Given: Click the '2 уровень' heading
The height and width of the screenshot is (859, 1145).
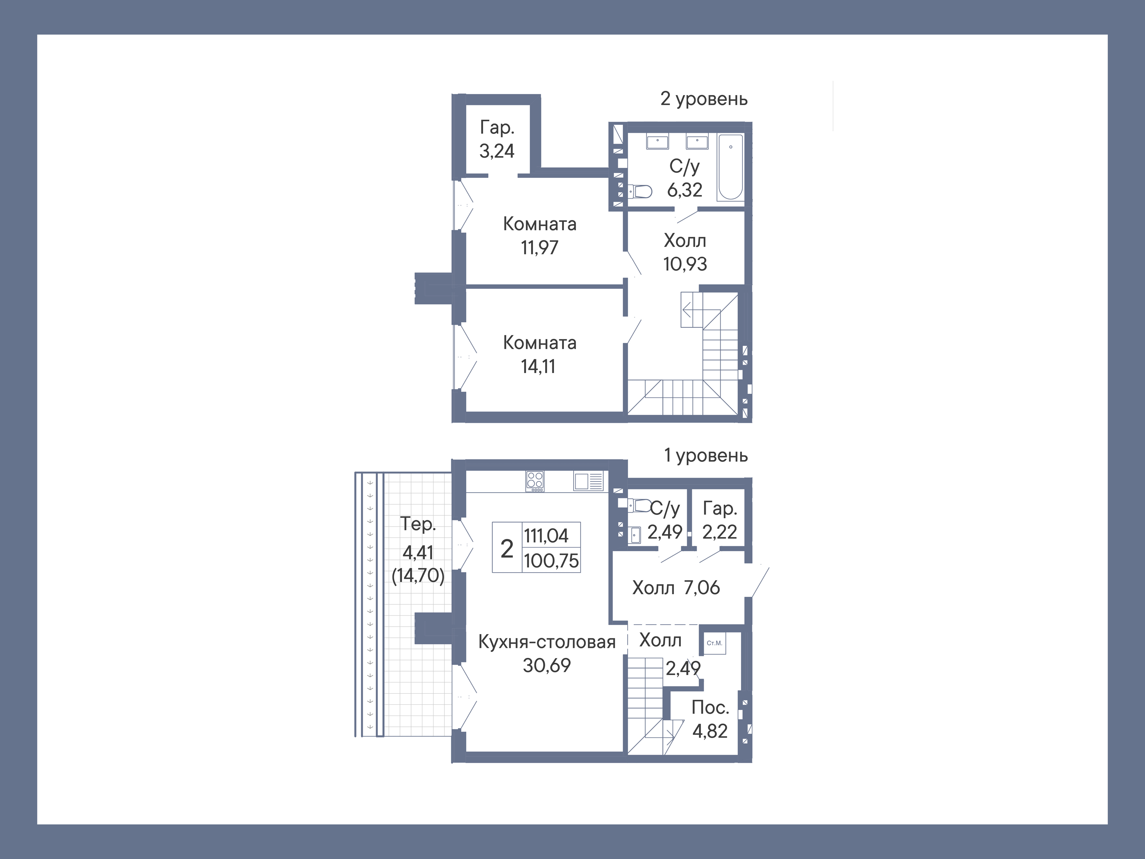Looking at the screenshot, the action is pyautogui.click(x=704, y=99).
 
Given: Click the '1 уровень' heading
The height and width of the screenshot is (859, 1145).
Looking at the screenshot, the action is pyautogui.click(x=706, y=456).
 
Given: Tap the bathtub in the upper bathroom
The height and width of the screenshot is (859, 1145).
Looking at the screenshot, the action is pyautogui.click(x=730, y=167).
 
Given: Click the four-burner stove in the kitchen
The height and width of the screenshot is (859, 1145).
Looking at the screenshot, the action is pyautogui.click(x=535, y=481).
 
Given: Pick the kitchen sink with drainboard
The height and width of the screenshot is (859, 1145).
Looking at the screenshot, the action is pyautogui.click(x=588, y=481).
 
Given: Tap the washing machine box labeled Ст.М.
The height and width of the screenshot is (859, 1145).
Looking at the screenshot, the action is pyautogui.click(x=714, y=644).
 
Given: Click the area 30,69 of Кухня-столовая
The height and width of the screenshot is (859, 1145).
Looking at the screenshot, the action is pyautogui.click(x=546, y=665).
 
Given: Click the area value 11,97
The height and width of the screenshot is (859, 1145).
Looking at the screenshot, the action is pyautogui.click(x=539, y=248).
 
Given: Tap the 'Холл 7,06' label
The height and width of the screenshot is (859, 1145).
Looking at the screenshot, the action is pyautogui.click(x=676, y=588).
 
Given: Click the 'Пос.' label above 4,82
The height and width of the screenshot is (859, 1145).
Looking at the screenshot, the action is pyautogui.click(x=710, y=707).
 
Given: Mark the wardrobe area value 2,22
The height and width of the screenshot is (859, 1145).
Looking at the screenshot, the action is pyautogui.click(x=719, y=532).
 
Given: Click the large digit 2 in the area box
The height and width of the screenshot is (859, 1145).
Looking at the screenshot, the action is pyautogui.click(x=507, y=548).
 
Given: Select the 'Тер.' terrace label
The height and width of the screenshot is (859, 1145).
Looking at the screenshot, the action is pyautogui.click(x=418, y=524).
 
